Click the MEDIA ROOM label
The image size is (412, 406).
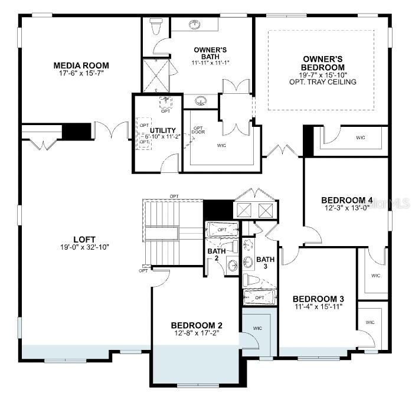click(x=81, y=65)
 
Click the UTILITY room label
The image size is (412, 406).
click(x=162, y=130)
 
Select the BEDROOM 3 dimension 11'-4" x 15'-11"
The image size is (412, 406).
click(x=318, y=307)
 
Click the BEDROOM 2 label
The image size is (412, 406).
click(x=197, y=325)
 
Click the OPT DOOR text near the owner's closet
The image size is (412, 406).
click(x=198, y=130)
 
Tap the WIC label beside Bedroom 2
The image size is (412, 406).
click(x=257, y=328)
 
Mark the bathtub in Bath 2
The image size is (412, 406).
click(x=223, y=229)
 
